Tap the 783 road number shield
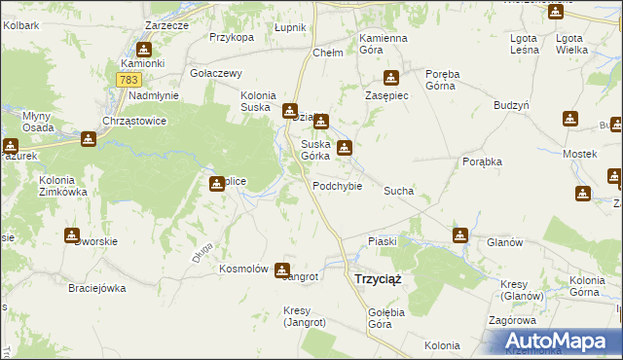(128, 80)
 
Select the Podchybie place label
(338, 186)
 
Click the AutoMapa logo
(560, 342)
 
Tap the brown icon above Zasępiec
(391, 78)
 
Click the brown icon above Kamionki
(144, 50)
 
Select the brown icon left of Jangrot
(282, 270)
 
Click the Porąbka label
(482, 162)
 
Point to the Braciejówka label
(97, 288)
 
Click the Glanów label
(506, 243)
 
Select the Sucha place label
(399, 192)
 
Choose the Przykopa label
(232, 37)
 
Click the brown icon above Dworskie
(72, 235)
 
